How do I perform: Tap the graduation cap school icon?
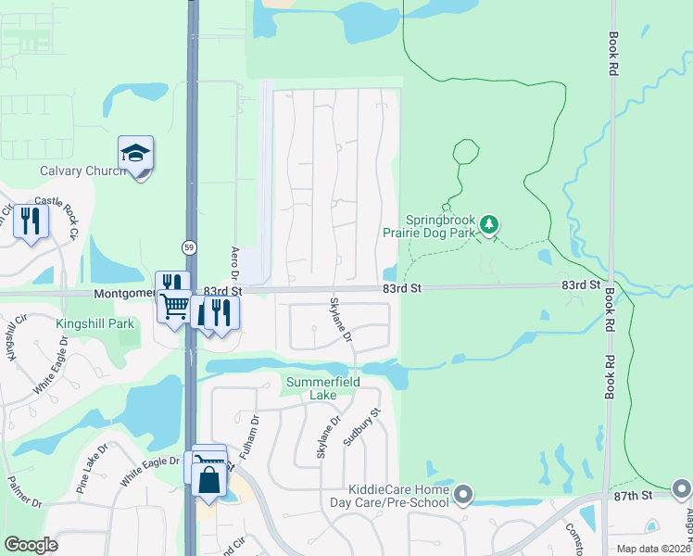click(x=135, y=154)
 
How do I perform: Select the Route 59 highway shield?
click(x=189, y=247)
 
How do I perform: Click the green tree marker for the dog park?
click(x=490, y=223)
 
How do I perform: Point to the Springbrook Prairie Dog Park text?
click(x=429, y=227)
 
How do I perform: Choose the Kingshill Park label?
click(x=95, y=323)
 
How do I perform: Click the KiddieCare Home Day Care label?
click(x=398, y=496)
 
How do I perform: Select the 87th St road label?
click(x=633, y=497)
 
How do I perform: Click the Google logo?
click(x=30, y=545)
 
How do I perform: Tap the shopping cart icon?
click(x=174, y=305)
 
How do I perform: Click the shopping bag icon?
click(x=209, y=482)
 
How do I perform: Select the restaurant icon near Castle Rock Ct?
click(x=31, y=222)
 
